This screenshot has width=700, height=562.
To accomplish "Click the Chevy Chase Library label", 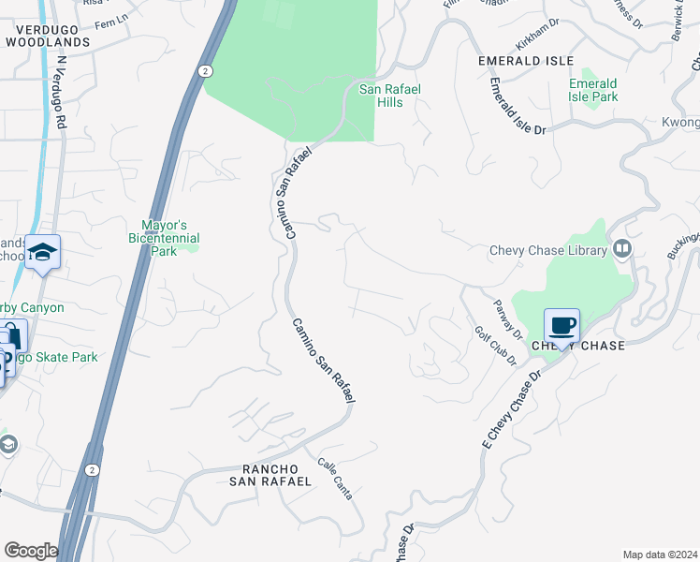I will (x=549, y=250).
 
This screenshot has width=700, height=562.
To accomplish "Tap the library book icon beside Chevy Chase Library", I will (x=622, y=249).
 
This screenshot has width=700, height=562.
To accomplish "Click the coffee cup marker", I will (x=561, y=326).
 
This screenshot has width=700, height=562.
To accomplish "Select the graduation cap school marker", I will (x=42, y=252).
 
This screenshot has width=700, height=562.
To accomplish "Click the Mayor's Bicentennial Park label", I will (x=165, y=238).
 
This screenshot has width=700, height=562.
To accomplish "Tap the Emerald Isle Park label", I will (x=593, y=90).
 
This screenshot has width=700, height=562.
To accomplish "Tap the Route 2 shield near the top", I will (x=203, y=70).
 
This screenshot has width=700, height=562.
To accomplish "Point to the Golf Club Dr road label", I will (x=495, y=345).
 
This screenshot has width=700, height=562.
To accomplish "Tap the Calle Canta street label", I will (x=334, y=478).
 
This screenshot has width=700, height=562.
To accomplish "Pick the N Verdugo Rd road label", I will (x=62, y=91).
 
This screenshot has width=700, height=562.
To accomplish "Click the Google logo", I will (x=31, y=551).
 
